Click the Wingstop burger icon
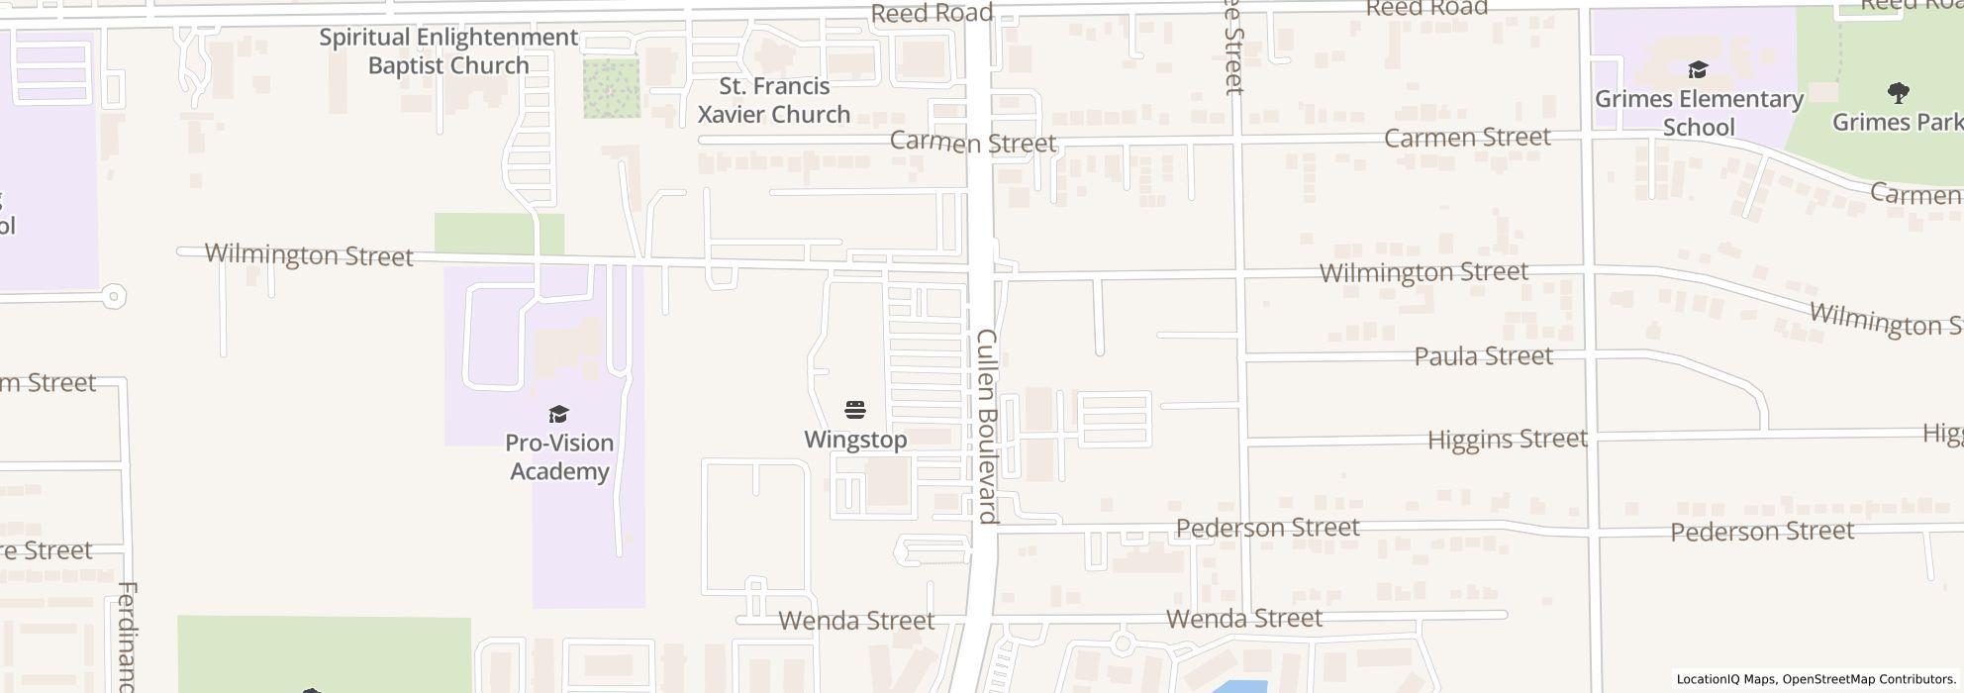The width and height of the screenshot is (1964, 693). [855, 410]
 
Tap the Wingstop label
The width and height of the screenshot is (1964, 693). [855, 440]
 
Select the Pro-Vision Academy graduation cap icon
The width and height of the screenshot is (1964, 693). [559, 414]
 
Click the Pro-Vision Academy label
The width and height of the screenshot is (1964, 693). [559, 456]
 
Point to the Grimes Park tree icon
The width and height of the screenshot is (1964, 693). [1898, 93]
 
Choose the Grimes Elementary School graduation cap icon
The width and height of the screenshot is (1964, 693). [1698, 69]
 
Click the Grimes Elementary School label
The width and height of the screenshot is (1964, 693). [1699, 113]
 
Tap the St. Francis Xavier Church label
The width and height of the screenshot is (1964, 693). [773, 100]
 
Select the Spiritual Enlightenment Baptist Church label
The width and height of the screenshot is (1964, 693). [448, 51]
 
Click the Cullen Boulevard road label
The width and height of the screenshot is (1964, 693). [987, 426]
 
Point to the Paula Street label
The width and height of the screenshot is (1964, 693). [1483, 356]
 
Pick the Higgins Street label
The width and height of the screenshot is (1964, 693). [1507, 439]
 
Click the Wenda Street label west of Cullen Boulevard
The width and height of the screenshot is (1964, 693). [856, 621]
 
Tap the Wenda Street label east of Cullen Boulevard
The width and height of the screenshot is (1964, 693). [1244, 619]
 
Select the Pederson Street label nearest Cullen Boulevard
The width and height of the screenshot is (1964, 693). [1267, 528]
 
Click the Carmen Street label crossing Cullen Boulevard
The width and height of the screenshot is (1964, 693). [972, 143]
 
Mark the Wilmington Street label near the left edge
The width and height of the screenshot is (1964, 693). [309, 255]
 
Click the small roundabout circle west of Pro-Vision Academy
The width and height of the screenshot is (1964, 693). [114, 295]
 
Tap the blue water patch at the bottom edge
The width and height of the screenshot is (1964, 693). [1237, 686]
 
